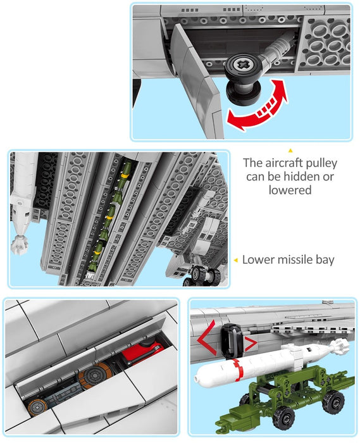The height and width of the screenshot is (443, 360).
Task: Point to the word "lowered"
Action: tap(290, 190)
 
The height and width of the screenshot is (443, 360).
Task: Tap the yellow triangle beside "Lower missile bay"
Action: tap(235, 260)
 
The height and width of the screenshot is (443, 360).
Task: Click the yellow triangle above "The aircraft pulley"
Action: tap(290, 150)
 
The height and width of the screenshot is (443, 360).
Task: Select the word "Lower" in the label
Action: tap(257, 259)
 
